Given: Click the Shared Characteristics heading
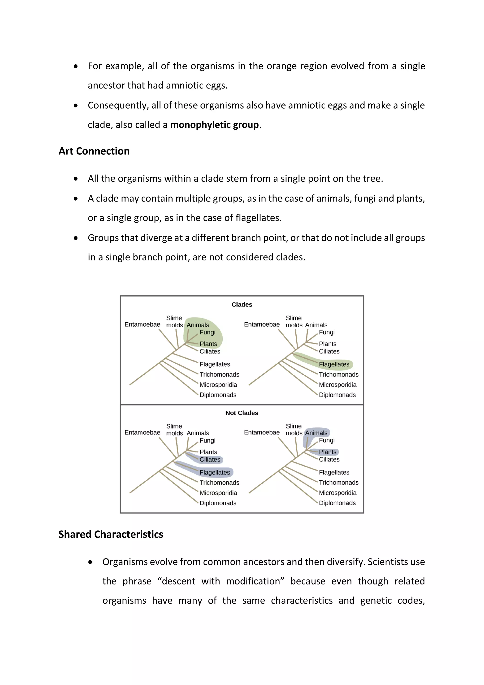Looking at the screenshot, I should click(x=111, y=534).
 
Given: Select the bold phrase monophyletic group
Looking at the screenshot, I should click(x=214, y=125).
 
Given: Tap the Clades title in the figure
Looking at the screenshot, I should click(x=242, y=305).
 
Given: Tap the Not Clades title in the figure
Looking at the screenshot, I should click(x=242, y=413).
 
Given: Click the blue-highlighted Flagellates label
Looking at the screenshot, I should click(x=215, y=473).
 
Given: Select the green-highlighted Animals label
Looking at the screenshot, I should click(x=198, y=325).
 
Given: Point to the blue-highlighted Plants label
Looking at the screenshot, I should click(x=327, y=452).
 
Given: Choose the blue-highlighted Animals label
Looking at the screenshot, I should click(x=316, y=433).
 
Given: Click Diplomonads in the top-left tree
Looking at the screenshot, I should click(x=218, y=395).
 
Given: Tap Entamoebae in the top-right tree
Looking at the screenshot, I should click(x=262, y=324).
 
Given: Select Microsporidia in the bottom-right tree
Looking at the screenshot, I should click(x=337, y=493).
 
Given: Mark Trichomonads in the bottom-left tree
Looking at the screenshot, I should click(x=219, y=483).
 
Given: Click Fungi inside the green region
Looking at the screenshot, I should click(x=207, y=332).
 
